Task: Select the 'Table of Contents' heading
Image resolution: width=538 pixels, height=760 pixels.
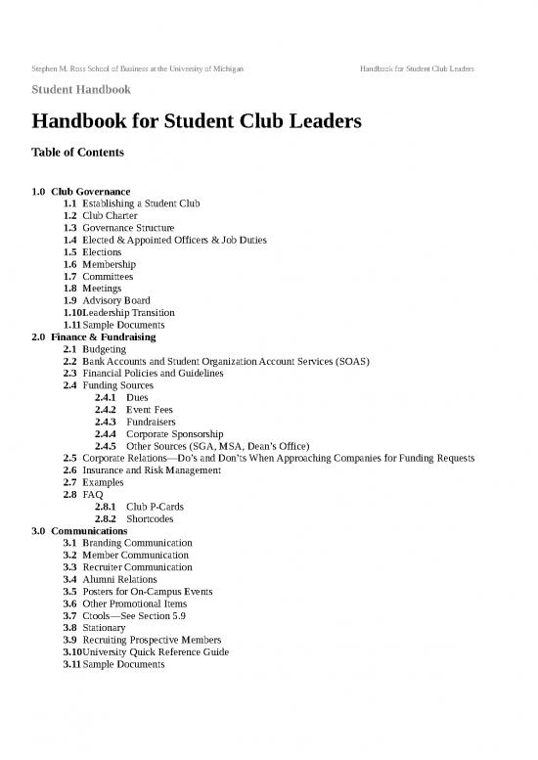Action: tap(78, 154)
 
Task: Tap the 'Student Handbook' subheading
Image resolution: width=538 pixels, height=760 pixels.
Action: tap(81, 90)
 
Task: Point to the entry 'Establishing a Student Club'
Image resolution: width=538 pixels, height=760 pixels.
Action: tap(141, 202)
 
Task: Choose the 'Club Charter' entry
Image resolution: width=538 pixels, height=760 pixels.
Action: tap(110, 215)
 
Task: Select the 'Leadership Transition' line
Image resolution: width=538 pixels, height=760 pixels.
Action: tap(131, 312)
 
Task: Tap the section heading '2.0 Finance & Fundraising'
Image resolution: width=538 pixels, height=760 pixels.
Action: tap(94, 336)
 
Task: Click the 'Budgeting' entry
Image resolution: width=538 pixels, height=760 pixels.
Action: tap(105, 348)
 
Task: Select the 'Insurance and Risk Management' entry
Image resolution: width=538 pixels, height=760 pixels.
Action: tap(152, 470)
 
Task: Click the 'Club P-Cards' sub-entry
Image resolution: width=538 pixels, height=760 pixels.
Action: tap(156, 507)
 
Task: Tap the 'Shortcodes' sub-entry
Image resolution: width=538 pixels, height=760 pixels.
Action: tap(153, 519)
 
